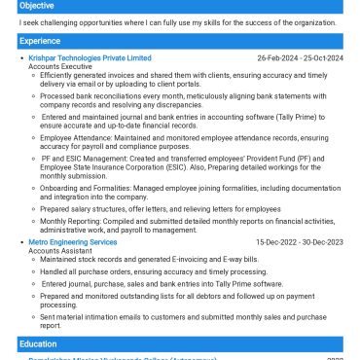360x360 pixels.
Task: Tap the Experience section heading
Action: (38, 42)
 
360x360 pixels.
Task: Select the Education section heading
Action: (37, 344)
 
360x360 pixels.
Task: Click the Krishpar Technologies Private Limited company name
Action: (90, 58)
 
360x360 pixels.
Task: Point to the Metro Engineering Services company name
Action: (72, 242)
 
